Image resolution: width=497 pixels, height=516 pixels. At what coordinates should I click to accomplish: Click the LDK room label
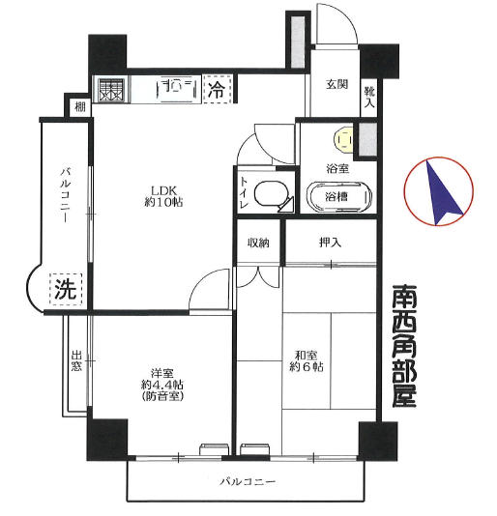pyautogui.click(x=163, y=196)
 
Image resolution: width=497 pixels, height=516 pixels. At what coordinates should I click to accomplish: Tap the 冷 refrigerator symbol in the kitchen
pyautogui.click(x=218, y=89)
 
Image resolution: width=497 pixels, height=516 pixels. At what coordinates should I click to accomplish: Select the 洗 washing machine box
pyautogui.click(x=66, y=289)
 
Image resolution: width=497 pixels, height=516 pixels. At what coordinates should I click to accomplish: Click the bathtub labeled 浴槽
pyautogui.click(x=339, y=197)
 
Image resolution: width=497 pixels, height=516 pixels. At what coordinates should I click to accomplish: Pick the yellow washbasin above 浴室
pyautogui.click(x=343, y=140)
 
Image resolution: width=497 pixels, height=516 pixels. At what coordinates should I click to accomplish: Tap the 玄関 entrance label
pyautogui.click(x=336, y=84)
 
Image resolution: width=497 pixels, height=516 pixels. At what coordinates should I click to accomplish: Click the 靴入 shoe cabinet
pyautogui.click(x=369, y=97)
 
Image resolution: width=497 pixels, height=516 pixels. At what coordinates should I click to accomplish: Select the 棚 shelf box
pyautogui.click(x=79, y=107)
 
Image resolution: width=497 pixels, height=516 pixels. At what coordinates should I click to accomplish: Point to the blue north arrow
pyautogui.click(x=440, y=193)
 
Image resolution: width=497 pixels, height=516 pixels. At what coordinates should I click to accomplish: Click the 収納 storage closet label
pyautogui.click(x=258, y=243)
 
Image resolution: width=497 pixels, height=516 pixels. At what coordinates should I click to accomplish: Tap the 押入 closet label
pyautogui.click(x=330, y=243)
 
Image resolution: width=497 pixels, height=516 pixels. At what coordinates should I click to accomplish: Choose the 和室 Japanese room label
pyautogui.click(x=307, y=356)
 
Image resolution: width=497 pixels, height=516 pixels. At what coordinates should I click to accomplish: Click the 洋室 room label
pyautogui.click(x=162, y=374)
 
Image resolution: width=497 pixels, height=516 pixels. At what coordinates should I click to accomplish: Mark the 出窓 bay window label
pyautogui.click(x=76, y=361)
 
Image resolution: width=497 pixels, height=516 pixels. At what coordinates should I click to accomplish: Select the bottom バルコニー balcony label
pyautogui.click(x=248, y=482)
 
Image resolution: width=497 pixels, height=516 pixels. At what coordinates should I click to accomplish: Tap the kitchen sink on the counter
pyautogui.click(x=178, y=87)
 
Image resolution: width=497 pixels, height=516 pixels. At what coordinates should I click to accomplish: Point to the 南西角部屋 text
pyautogui.click(x=404, y=346)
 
